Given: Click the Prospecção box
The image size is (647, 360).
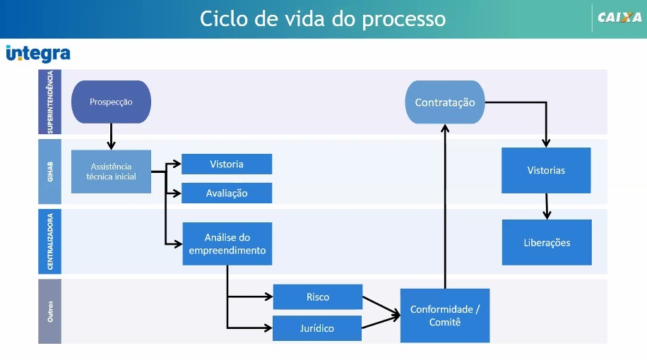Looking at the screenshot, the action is [111, 102].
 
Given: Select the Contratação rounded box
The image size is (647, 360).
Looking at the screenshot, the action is [445, 102].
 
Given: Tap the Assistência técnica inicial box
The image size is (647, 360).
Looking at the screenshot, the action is [111, 172].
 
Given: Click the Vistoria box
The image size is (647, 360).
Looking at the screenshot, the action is [227, 164].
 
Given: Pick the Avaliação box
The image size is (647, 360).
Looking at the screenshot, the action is [227, 193].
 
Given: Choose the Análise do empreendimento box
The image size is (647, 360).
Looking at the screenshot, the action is [227, 244].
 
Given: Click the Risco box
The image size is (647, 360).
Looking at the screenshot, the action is [318, 297].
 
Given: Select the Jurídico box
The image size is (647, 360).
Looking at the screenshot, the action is [317, 328].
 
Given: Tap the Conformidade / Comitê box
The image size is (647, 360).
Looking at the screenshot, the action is [445, 316].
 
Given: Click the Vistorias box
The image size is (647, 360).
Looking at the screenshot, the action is [546, 170].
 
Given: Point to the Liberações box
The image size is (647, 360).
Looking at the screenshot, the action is [547, 243].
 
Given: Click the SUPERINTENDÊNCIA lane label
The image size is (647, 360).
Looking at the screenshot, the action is [50, 102].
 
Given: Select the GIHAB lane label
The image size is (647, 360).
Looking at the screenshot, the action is [50, 172].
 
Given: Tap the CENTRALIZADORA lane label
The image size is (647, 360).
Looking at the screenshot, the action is [50, 241].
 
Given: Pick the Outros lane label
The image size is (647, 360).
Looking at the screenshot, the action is [50, 311].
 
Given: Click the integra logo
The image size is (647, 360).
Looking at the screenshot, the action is [38, 54].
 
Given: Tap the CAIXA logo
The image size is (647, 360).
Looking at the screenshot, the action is [619, 18].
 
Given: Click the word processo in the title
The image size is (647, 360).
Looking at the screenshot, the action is [404, 19].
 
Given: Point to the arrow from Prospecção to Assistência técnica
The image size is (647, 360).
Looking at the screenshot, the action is [111, 136].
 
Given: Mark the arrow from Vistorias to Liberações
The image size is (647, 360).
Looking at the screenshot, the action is [547, 206].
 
